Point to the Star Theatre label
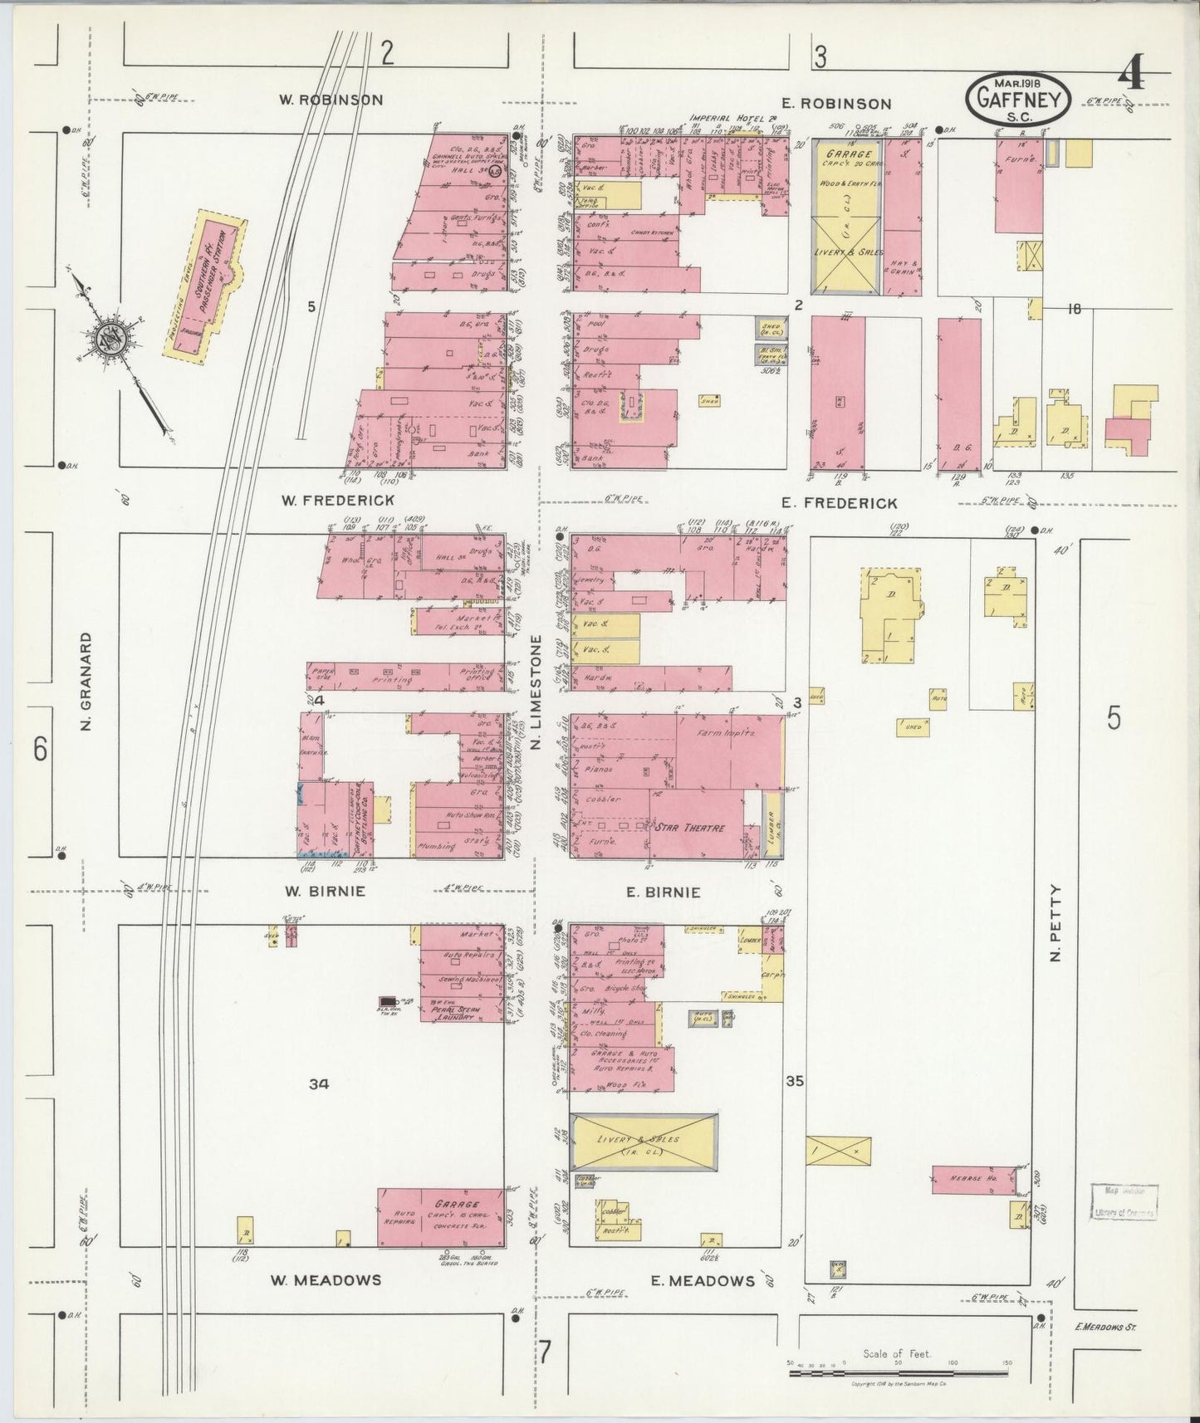[x=690, y=828]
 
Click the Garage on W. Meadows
[x=441, y=1217]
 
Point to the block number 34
[x=319, y=1083]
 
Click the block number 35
[x=796, y=1081]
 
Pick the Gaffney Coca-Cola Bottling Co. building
[x=361, y=818]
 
